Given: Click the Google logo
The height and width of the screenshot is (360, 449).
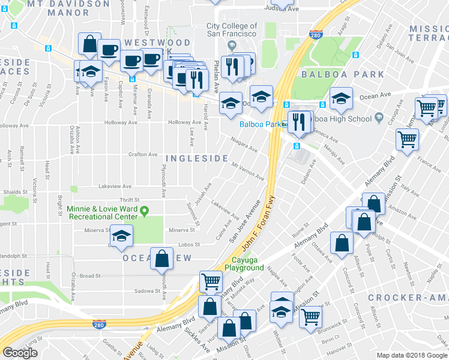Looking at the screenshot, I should tap(20, 352).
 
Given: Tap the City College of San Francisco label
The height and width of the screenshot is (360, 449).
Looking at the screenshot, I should tap(232, 30).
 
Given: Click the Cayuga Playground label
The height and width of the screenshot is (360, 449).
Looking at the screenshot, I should tap(244, 263).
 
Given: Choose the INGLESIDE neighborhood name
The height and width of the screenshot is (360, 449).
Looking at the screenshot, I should tap(196, 158).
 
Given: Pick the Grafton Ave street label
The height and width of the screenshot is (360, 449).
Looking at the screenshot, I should tap(142, 154).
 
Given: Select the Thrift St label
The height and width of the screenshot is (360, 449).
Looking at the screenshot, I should tap(130, 200).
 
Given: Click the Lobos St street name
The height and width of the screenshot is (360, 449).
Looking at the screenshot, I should tap(188, 245).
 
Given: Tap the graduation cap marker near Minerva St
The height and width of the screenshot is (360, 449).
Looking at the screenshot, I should tap(122, 235).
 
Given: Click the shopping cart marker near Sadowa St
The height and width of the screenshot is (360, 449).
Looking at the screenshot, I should tap(211, 280).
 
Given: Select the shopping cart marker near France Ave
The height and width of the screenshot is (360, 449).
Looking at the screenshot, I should tap(407, 139).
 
